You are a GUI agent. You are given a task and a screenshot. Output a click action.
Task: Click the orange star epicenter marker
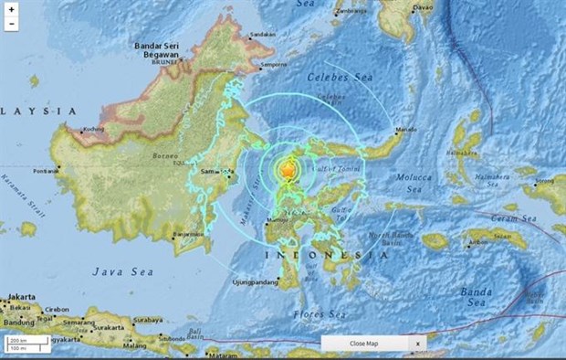click(x=288, y=170)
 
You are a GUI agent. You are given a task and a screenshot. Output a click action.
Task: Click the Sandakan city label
click(x=263, y=34)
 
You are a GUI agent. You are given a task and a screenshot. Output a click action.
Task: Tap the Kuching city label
click(x=89, y=129)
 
